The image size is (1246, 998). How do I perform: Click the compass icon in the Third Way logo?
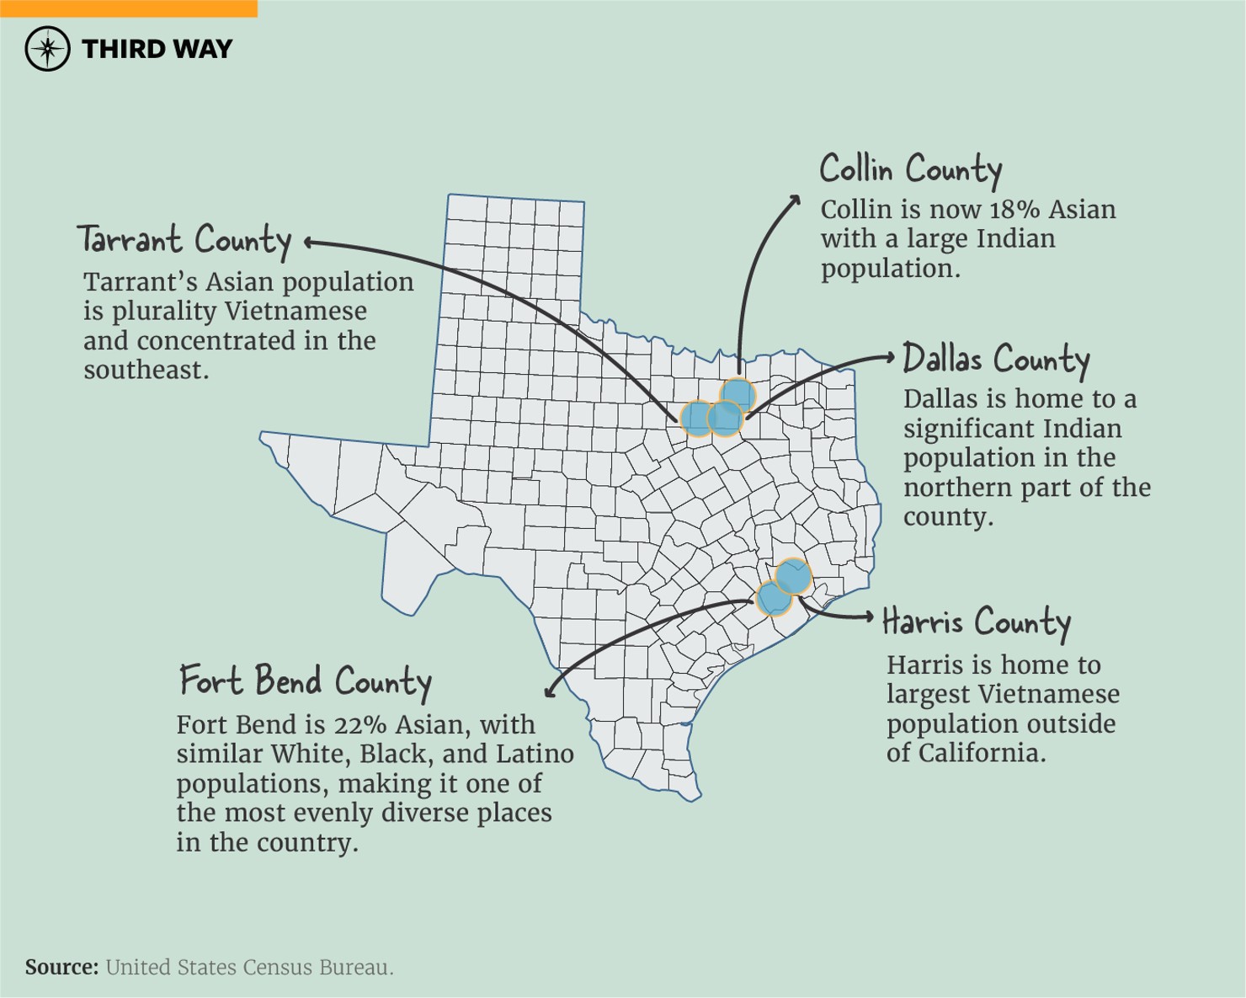(47, 49)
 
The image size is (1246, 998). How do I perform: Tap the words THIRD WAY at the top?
(157, 50)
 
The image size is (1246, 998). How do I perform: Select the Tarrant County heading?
(184, 241)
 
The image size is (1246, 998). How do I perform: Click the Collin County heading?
(910, 170)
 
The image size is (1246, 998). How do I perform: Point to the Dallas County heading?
(995, 360)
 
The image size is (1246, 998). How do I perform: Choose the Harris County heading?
(976, 623)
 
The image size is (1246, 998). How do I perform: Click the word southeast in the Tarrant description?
(145, 371)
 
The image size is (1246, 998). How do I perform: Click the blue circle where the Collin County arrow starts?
(738, 393)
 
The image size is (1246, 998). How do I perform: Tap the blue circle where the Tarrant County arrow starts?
(696, 418)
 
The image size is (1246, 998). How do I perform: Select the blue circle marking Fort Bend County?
(773, 599)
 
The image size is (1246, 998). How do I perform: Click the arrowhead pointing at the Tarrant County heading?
(309, 243)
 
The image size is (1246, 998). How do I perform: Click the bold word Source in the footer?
(61, 968)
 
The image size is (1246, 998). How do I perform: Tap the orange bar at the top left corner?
(128, 8)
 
